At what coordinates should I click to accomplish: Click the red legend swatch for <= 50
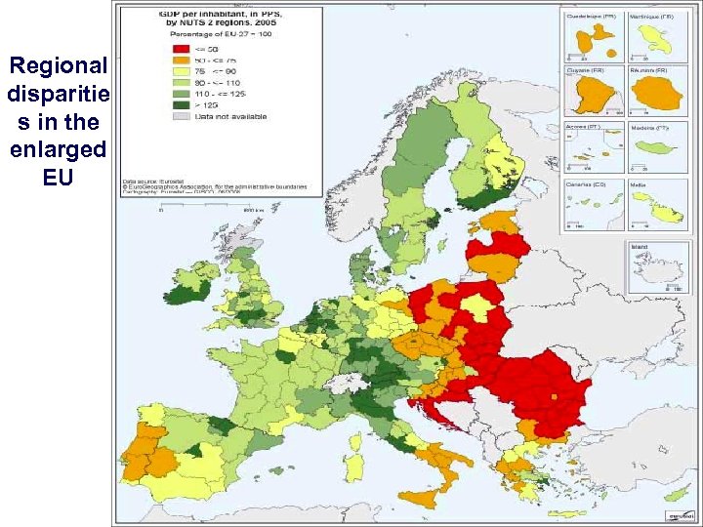pyautogui.click(x=180, y=47)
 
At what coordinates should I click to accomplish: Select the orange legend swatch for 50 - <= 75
pyautogui.click(x=180, y=59)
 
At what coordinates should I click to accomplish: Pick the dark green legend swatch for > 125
pyautogui.click(x=180, y=103)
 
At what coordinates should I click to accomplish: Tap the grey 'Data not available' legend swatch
pyautogui.click(x=180, y=115)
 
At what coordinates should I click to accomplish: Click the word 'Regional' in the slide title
pyautogui.click(x=58, y=66)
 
